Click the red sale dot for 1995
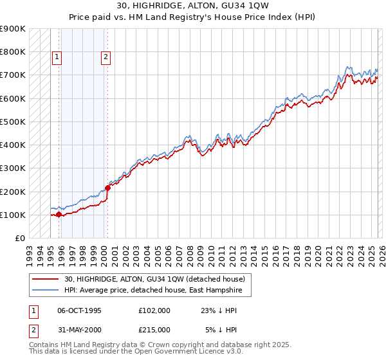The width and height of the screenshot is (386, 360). point(59,215)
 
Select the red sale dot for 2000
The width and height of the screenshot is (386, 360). point(107,188)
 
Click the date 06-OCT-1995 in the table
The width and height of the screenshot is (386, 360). point(79,310)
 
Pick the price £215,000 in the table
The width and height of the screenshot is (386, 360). point(154,330)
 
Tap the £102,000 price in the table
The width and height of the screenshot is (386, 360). point(154,310)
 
